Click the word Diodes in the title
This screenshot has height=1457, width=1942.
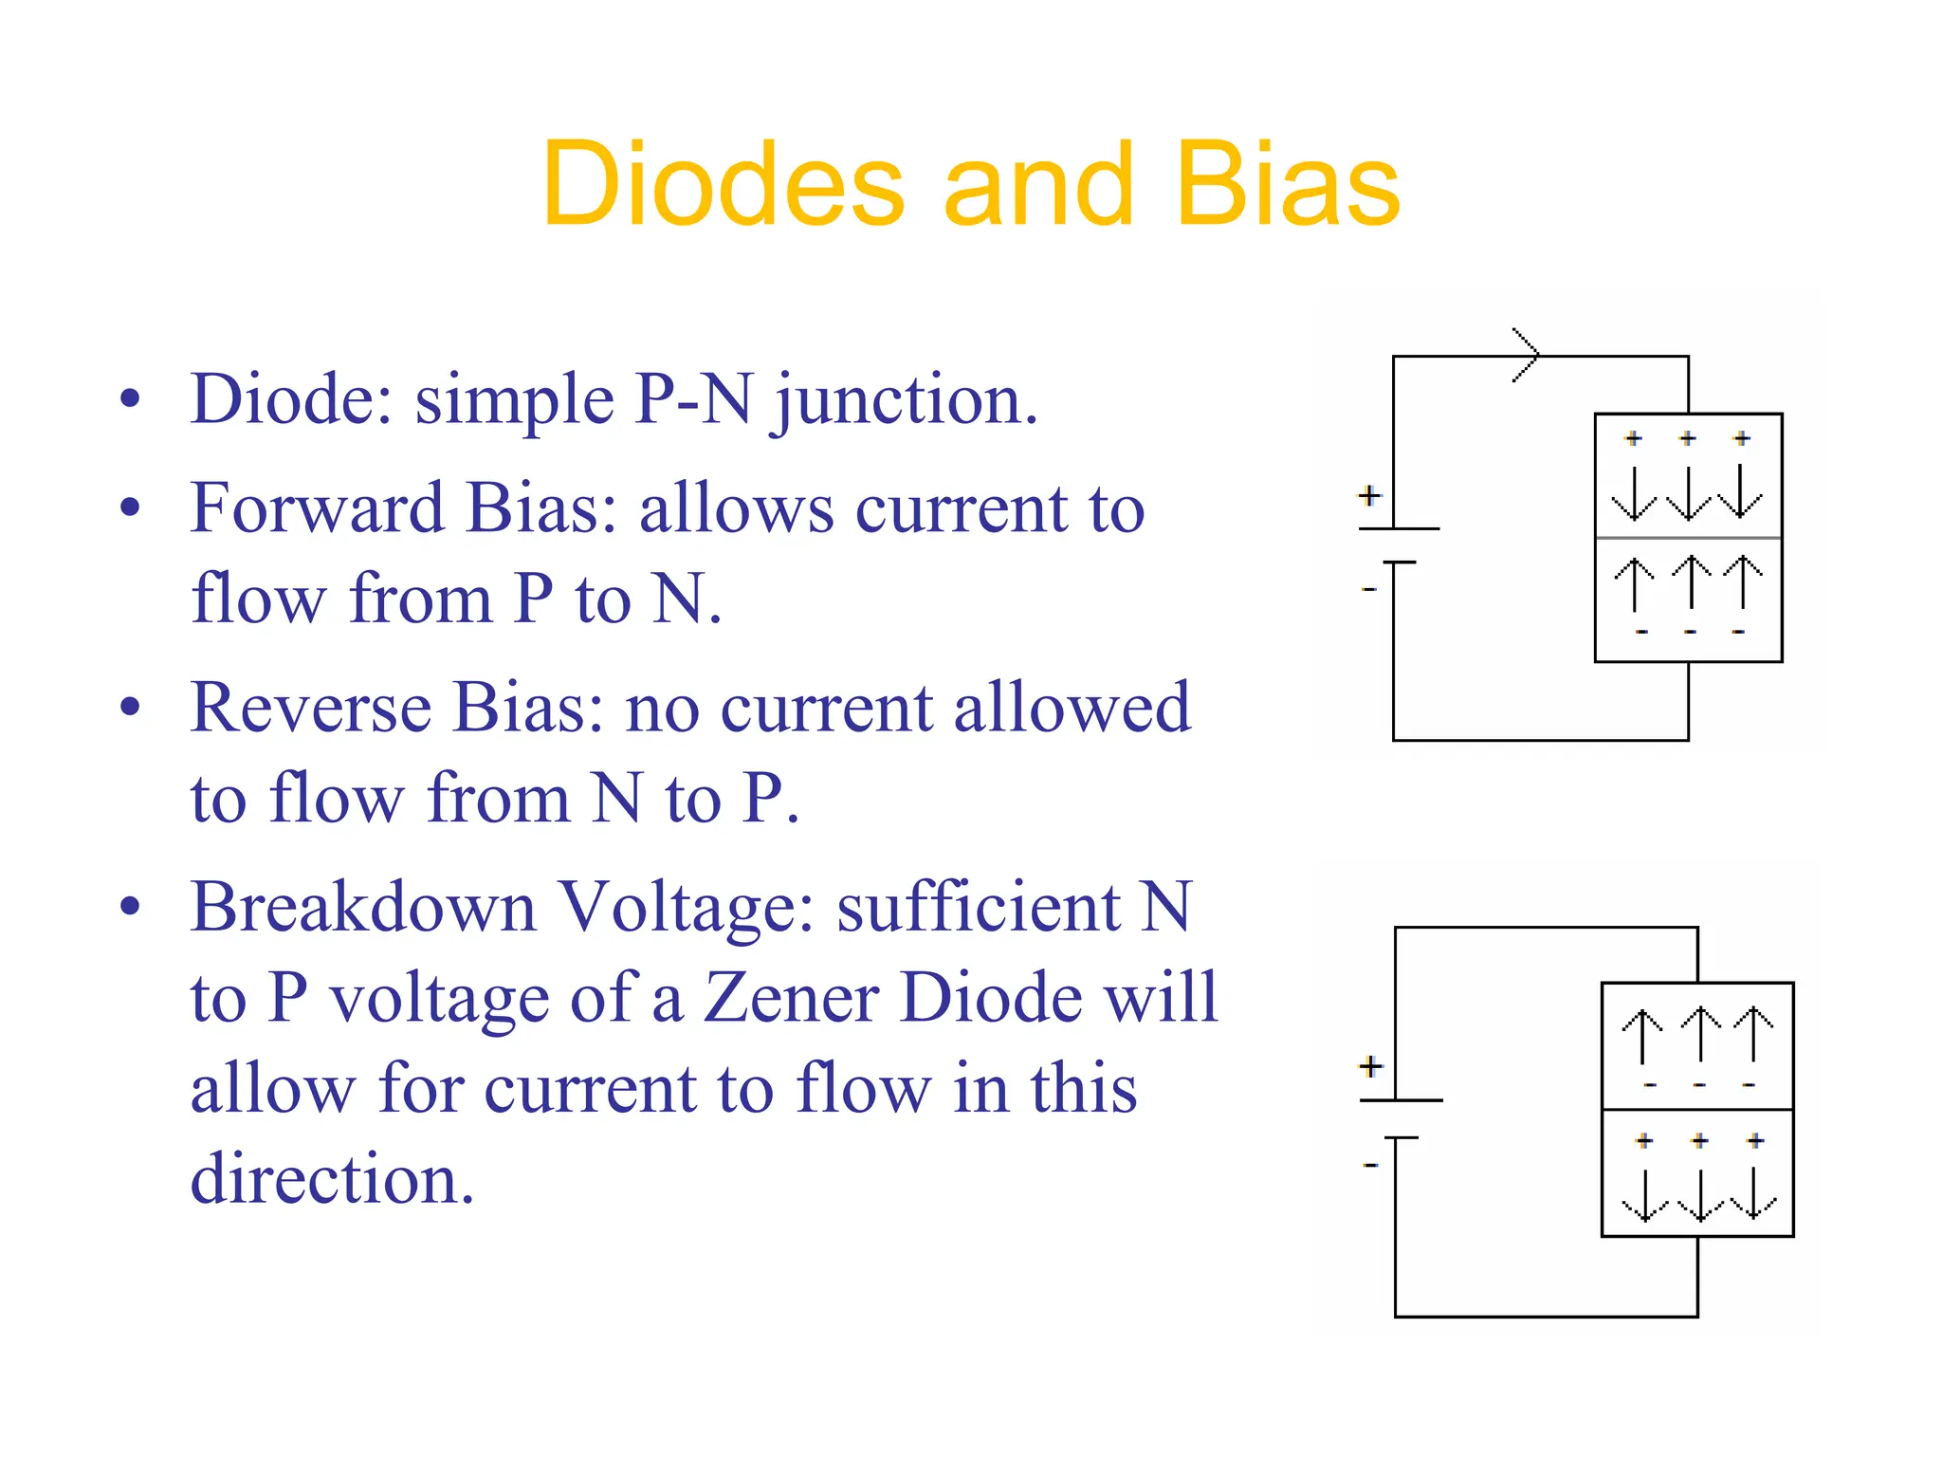tap(723, 184)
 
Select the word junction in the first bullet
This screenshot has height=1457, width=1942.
tap(906, 400)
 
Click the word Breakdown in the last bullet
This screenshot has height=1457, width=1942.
tap(363, 907)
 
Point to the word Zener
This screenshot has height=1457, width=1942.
tap(791, 998)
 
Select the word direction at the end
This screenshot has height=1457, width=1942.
tap(332, 1179)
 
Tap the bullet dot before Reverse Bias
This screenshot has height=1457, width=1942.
tap(131, 707)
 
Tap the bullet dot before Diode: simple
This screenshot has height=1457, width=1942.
tap(131, 398)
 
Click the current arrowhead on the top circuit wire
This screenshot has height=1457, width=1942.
tap(1528, 356)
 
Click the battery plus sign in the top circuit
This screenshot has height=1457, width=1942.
tap(1368, 495)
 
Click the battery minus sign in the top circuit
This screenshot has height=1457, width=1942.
tap(1368, 590)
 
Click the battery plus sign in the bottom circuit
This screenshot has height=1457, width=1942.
tap(1370, 1066)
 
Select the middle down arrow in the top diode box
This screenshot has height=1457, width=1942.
tap(1688, 492)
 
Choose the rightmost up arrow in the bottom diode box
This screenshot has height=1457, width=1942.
tap(1753, 1033)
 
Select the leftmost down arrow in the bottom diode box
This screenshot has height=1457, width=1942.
tap(1644, 1194)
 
